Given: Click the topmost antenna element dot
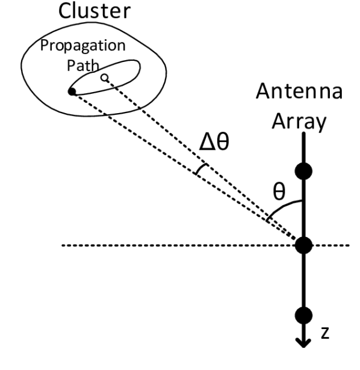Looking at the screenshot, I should coord(305,171).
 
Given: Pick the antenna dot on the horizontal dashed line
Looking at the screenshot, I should coord(305,245).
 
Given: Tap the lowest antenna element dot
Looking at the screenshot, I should coord(305,315).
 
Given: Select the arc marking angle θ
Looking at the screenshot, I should coord(283,208).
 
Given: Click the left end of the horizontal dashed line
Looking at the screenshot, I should coord(64,245).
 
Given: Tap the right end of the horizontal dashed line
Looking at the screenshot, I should coord(349,245).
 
